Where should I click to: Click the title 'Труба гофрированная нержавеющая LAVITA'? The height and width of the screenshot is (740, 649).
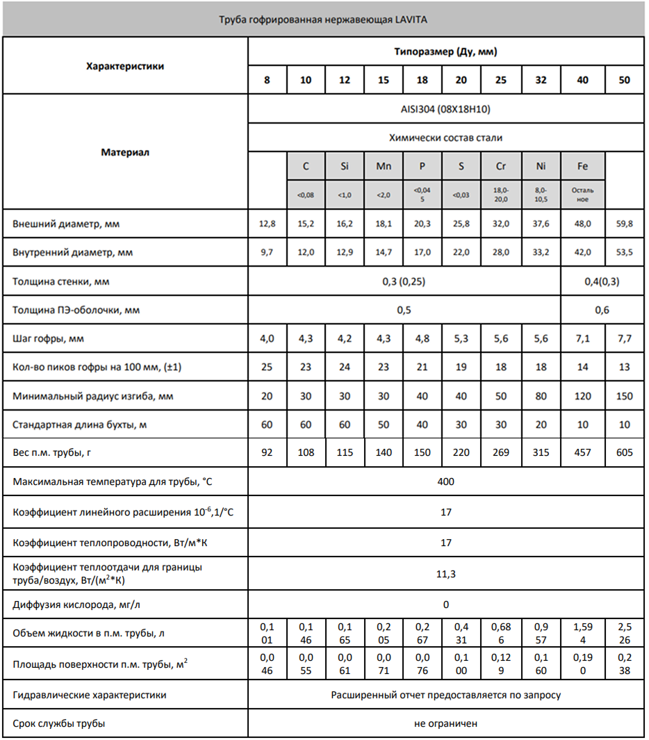(x=323, y=19)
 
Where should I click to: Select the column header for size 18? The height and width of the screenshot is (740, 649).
(x=422, y=80)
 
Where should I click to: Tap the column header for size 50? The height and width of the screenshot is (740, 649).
(x=624, y=80)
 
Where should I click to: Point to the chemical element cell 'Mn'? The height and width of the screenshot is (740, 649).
(x=384, y=167)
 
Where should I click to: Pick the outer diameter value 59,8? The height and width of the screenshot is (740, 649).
(x=624, y=224)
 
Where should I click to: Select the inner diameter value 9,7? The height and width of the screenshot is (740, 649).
(x=267, y=253)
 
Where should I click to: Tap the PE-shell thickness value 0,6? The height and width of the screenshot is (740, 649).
(x=602, y=310)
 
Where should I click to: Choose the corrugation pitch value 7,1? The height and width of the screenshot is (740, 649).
(x=582, y=338)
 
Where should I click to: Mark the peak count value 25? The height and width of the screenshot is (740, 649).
(x=267, y=367)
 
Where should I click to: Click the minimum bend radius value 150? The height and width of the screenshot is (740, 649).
(x=624, y=396)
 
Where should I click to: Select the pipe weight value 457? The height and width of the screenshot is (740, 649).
(x=582, y=452)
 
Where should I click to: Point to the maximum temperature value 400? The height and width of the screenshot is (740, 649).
(x=445, y=482)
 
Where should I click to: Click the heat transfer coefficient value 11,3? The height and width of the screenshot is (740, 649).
(x=445, y=574)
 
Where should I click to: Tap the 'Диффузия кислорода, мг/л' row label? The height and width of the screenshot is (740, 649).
(x=76, y=605)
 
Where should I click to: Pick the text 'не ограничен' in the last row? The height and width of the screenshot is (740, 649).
(x=445, y=723)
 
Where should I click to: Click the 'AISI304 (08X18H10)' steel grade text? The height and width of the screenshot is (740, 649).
(x=445, y=109)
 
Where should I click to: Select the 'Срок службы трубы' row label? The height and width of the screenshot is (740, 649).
(x=59, y=723)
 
